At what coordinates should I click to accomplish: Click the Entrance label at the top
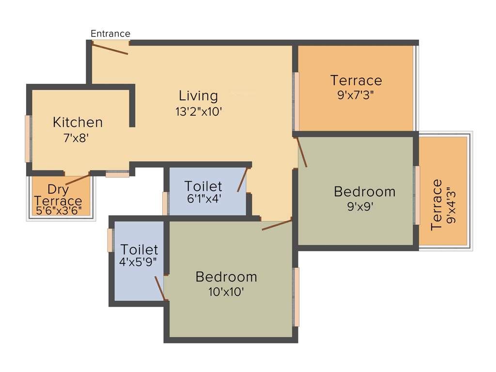[x=110, y=33]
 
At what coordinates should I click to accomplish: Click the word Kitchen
[x=77, y=122]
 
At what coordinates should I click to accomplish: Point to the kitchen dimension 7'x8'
[x=76, y=138]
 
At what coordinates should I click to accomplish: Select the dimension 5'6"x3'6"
[x=59, y=211]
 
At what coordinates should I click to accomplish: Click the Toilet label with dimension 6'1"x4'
[x=203, y=186]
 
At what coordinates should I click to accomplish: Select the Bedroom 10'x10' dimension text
[x=226, y=292]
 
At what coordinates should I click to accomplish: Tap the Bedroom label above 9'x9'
[x=364, y=191]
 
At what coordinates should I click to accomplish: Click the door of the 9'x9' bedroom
[x=302, y=153]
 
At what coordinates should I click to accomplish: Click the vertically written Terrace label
[x=436, y=205]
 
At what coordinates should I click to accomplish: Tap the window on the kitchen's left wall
[x=28, y=139]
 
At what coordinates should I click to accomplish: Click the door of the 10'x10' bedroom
[x=277, y=224]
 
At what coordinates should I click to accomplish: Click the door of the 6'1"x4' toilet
[x=242, y=180]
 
